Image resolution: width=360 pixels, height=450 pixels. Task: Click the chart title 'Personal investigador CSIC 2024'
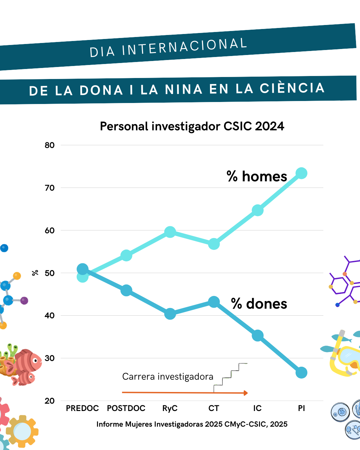pyautogui.click(x=192, y=126)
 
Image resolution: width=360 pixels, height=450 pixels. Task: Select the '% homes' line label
pyautogui.click(x=257, y=176)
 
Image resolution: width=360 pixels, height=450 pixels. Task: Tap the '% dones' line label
pyautogui.click(x=259, y=304)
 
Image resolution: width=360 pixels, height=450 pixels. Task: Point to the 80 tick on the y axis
pyautogui.click(x=50, y=145)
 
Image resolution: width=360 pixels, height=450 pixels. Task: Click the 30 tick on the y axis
pyautogui.click(x=50, y=358)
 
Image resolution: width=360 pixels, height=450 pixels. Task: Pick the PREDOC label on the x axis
pyautogui.click(x=82, y=408)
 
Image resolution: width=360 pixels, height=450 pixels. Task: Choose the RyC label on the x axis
pyautogui.click(x=170, y=408)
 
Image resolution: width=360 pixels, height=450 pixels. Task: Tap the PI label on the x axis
pyautogui.click(x=301, y=408)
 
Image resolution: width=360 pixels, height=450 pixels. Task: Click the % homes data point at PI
pyautogui.click(x=301, y=173)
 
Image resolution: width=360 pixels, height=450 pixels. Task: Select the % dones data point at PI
pyautogui.click(x=301, y=373)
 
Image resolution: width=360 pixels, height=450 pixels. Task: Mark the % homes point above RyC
pyautogui.click(x=170, y=232)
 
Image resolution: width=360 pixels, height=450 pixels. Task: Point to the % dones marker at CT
pyautogui.click(x=214, y=302)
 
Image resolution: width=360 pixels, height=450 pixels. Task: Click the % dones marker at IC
pyautogui.click(x=258, y=335)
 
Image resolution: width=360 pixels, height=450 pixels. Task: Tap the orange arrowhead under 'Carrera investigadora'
pyautogui.click(x=246, y=393)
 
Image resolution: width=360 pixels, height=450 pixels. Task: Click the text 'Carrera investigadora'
pyautogui.click(x=168, y=377)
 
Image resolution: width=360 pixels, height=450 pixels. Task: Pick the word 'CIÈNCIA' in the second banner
pyautogui.click(x=292, y=88)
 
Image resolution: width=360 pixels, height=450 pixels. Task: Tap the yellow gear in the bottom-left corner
pyautogui.click(x=22, y=431)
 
